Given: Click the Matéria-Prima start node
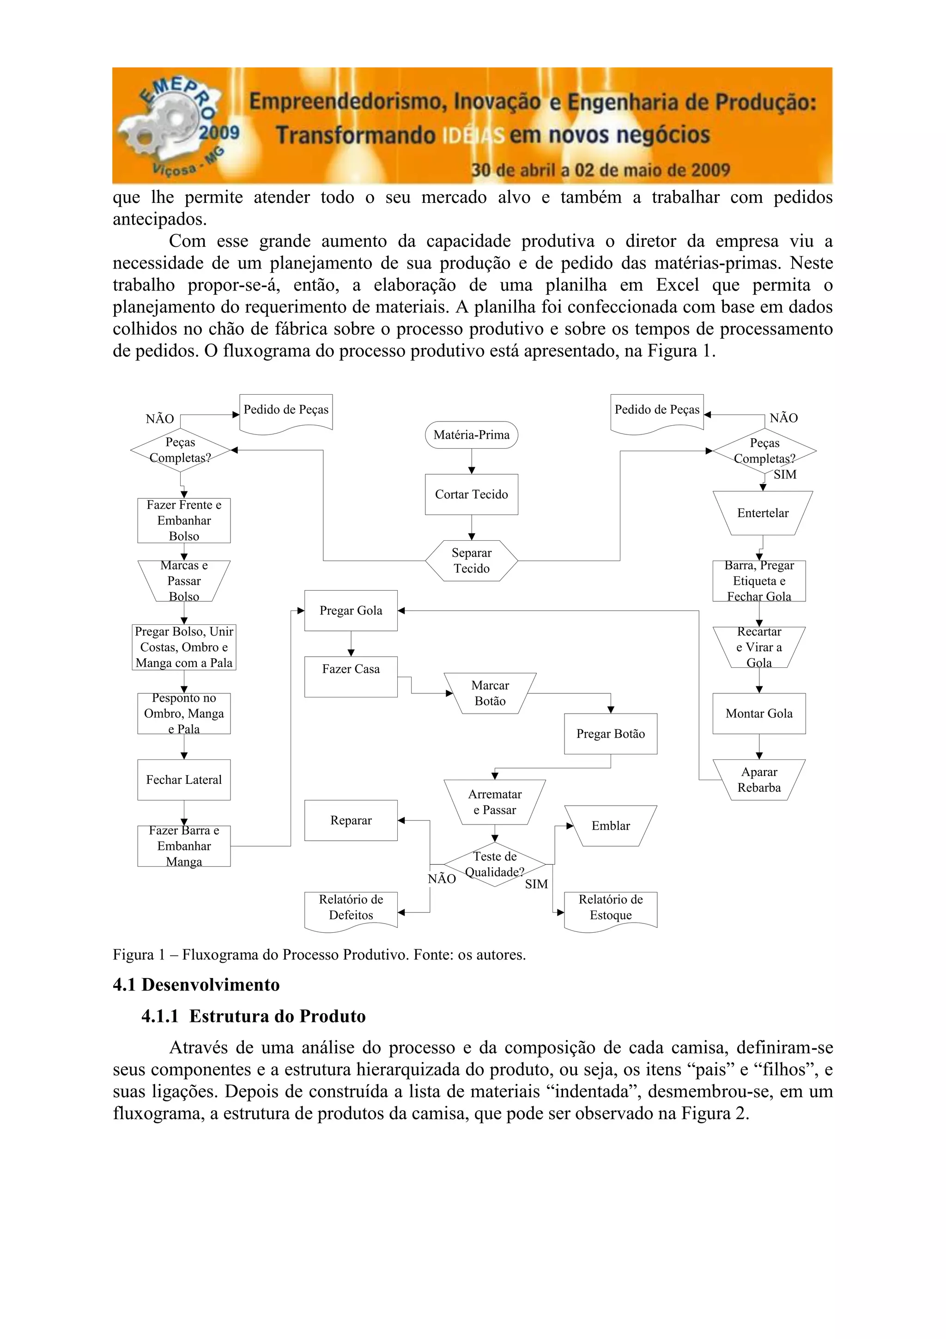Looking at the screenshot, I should point(471,434).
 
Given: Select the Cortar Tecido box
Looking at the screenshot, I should point(471,494).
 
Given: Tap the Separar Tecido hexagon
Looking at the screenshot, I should point(471,561).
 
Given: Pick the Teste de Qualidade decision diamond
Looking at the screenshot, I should point(494,864).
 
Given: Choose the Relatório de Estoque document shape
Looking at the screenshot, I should point(610,907).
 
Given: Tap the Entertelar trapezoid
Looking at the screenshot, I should point(763,513).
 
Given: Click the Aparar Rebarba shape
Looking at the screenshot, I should point(759,779).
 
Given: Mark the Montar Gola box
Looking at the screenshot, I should point(759,713).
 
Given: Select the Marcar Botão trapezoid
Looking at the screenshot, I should point(490,693).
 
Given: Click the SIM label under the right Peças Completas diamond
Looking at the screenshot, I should point(784,474).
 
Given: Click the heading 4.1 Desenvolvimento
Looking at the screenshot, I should point(196,984).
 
